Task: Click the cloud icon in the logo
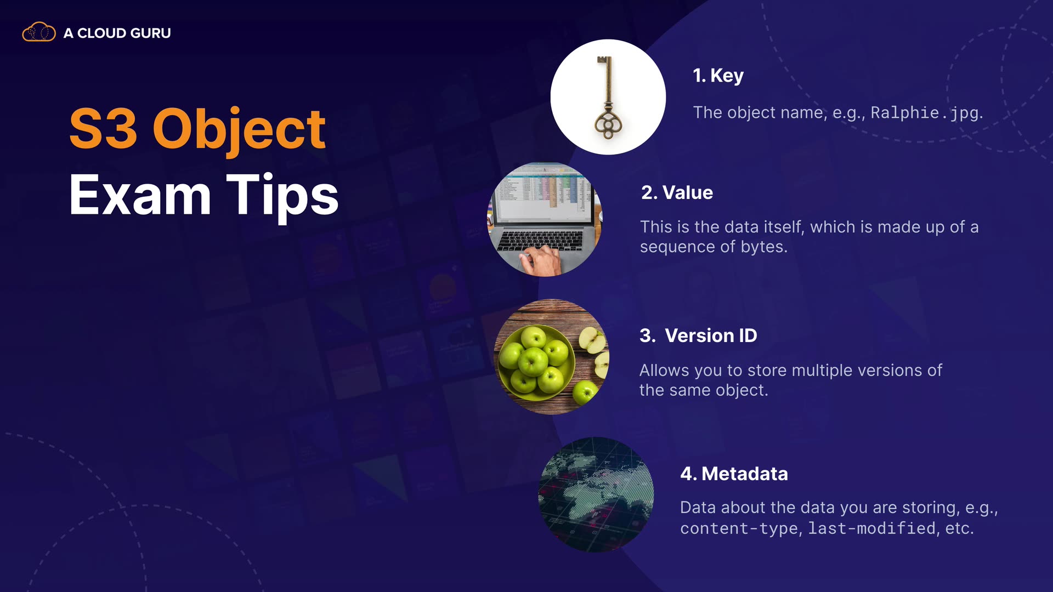coord(38,32)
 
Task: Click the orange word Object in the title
coord(239,130)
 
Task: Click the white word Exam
coord(140,195)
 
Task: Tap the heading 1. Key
coord(718,76)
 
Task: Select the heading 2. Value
coord(677,192)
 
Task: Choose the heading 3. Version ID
coord(698,335)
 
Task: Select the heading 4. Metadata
coord(734,474)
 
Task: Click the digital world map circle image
coord(596,494)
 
